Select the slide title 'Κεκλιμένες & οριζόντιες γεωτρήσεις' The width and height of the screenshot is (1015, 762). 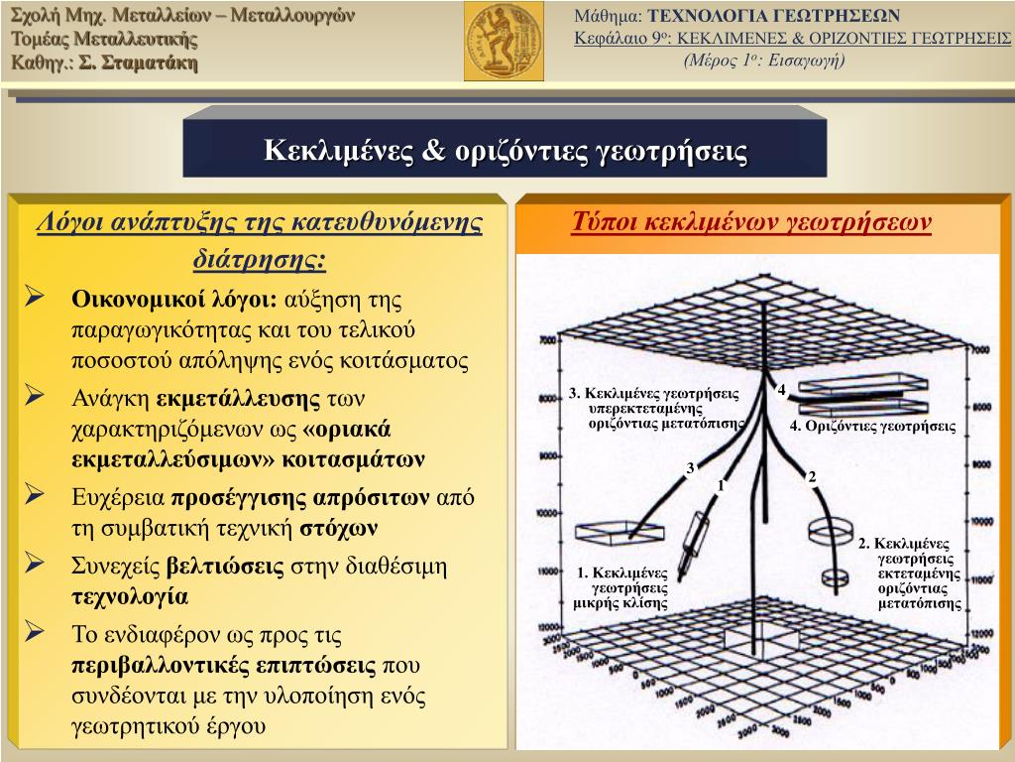coord(505,151)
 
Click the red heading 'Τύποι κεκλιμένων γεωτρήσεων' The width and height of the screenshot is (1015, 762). coord(751,221)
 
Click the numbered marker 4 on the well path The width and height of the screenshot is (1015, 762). coord(781,390)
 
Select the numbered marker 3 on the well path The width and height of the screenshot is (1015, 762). coord(690,467)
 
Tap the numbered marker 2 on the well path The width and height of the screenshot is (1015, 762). coord(811,477)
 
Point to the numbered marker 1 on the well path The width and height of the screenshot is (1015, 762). coord(722,485)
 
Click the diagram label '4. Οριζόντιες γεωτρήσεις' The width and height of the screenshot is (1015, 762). coord(872,427)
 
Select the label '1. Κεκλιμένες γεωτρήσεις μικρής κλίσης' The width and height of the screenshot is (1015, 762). coord(621,587)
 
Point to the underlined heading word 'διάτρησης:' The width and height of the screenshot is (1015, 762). coord(258,259)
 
